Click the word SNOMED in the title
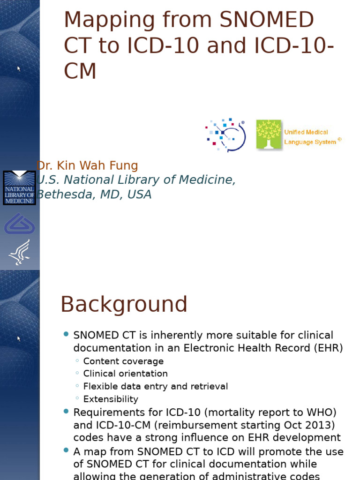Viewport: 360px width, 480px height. tap(267, 20)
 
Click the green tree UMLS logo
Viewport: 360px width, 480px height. tap(269, 135)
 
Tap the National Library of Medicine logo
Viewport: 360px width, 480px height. tap(19, 188)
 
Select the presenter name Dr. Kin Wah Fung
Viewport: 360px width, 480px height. tap(87, 165)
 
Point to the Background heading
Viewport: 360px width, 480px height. tap(124, 305)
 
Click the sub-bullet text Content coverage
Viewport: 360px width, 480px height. tap(123, 361)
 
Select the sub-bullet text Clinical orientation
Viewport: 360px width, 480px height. tap(125, 374)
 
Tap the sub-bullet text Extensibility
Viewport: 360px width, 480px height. tap(111, 399)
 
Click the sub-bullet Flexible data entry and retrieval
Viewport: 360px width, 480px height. tap(155, 387)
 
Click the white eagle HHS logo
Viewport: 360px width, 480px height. tap(19, 252)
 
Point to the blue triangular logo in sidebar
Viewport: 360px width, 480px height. tap(19, 224)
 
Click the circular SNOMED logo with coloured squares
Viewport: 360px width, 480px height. tap(225, 135)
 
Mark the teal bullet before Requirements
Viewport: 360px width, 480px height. tap(66, 412)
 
